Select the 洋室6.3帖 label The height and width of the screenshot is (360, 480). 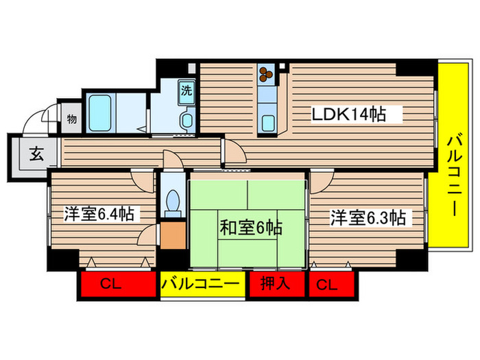coord(368,218)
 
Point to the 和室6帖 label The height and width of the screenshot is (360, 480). coord(251,227)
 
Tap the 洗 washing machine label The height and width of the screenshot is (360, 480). coord(186,88)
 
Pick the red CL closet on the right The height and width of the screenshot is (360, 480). coord(332,285)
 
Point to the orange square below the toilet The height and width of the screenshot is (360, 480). coord(173,236)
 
